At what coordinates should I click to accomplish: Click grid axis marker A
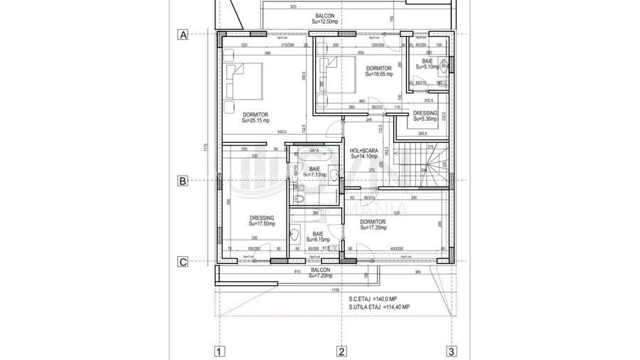183,34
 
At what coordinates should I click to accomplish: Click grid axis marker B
183,181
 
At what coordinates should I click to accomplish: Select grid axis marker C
183,262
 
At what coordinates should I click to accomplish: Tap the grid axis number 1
220,351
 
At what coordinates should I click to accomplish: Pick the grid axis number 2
341,351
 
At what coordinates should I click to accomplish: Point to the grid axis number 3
451,351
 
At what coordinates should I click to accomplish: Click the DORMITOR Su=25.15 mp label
255,117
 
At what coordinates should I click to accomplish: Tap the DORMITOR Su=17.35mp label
373,225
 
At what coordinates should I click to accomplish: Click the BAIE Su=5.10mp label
427,64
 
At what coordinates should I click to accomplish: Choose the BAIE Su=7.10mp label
314,171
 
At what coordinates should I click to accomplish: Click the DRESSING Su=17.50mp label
262,221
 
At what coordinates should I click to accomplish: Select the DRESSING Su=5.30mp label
425,116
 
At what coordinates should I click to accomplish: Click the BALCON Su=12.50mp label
324,18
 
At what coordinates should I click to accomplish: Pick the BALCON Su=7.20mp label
321,273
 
